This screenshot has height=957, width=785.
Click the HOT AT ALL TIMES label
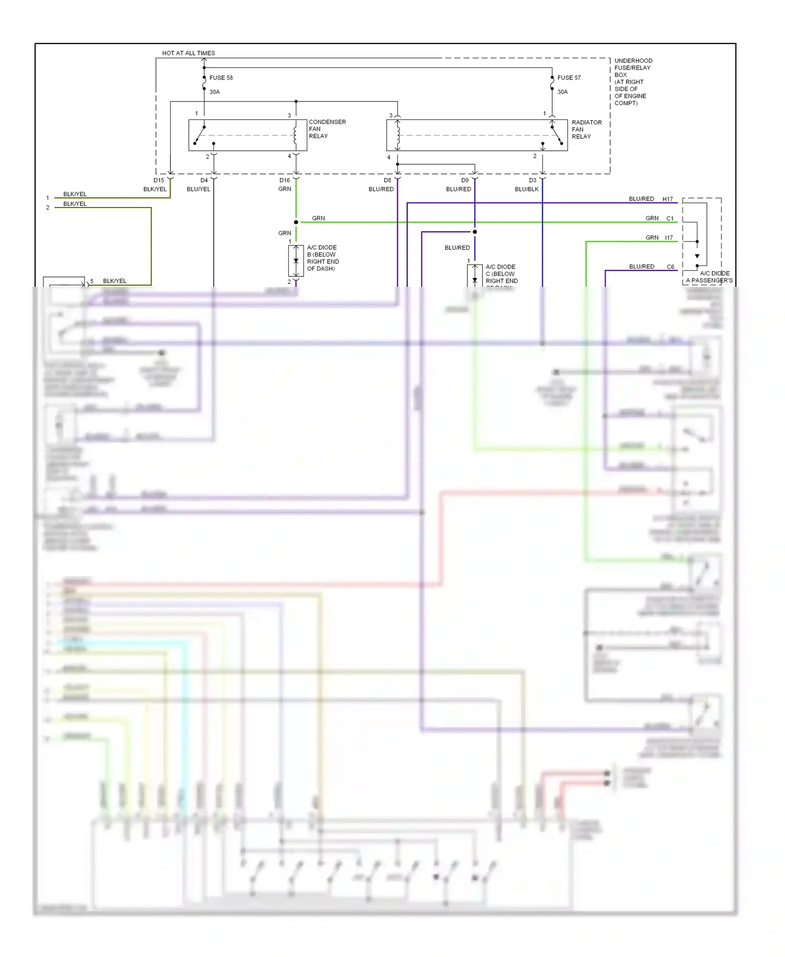click(x=188, y=53)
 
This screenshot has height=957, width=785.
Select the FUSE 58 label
click(x=221, y=77)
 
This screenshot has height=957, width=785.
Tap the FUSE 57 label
click(x=569, y=77)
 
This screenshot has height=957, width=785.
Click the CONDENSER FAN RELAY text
click(x=327, y=129)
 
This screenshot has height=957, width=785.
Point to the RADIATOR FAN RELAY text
click(x=586, y=129)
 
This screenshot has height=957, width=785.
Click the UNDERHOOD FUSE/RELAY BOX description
click(x=633, y=82)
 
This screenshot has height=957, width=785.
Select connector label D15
click(x=159, y=180)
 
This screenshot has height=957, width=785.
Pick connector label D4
click(x=204, y=180)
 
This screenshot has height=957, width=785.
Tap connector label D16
click(x=284, y=180)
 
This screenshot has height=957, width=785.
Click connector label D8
click(x=387, y=180)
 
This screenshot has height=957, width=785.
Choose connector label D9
click(x=465, y=180)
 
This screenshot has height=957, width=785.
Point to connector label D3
click(x=532, y=180)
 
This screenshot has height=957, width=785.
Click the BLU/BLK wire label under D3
click(x=526, y=189)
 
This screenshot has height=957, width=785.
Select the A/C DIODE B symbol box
click(x=296, y=261)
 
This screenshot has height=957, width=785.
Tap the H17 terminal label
click(x=667, y=199)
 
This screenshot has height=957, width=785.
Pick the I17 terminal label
click(x=669, y=238)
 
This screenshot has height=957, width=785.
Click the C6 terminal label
click(x=670, y=266)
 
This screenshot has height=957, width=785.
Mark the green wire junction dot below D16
click(x=296, y=222)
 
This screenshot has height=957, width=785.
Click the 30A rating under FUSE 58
click(x=215, y=92)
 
